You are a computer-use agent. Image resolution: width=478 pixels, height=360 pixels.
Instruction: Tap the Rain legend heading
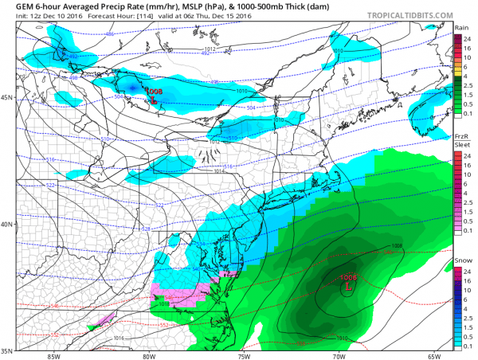(x=460, y=26)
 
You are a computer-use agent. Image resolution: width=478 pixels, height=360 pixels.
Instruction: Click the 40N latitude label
(x=8, y=224)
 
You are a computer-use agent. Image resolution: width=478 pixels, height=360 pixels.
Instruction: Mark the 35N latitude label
(x=8, y=350)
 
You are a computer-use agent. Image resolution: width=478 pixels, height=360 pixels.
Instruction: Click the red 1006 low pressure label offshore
(x=348, y=277)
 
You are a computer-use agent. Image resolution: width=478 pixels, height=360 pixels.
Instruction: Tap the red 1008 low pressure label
(x=153, y=92)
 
